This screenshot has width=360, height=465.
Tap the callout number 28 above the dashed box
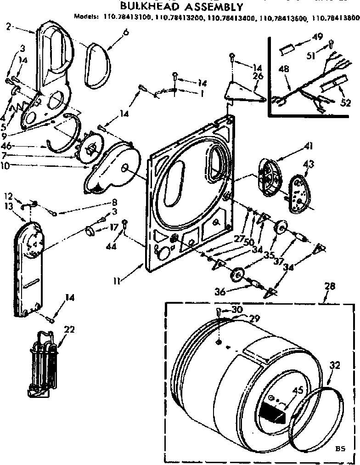click(330, 287)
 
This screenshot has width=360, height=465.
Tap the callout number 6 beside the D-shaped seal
click(113, 32)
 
